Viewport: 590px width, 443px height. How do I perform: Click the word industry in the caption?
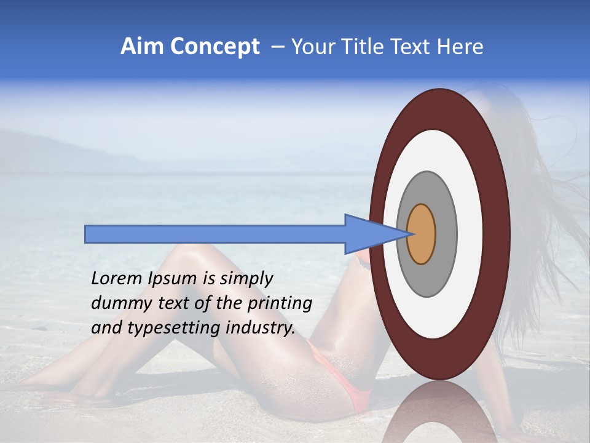pos(261,328)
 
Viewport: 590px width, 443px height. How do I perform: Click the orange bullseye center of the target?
pos(422,234)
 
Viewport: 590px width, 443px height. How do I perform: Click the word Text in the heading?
pos(409,47)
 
